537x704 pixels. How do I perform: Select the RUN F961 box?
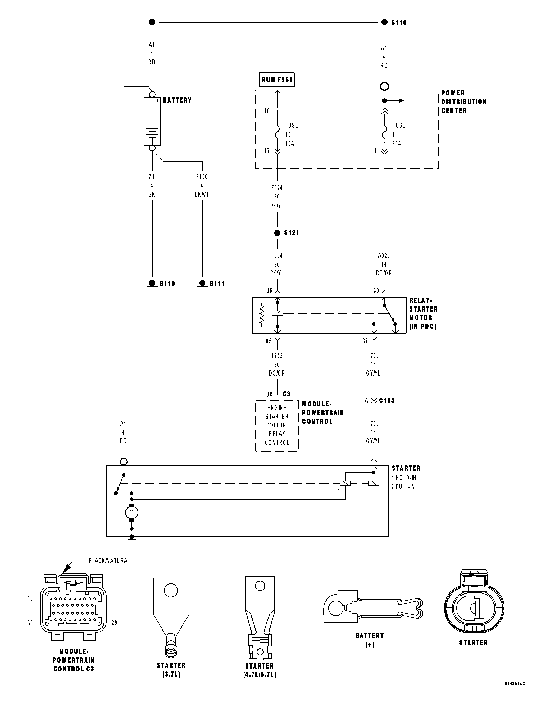pyautogui.click(x=277, y=80)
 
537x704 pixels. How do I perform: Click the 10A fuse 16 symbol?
pyautogui.click(x=277, y=131)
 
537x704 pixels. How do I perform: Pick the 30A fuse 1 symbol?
pyautogui.click(x=385, y=131)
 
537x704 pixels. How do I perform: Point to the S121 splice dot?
pyautogui.click(x=277, y=233)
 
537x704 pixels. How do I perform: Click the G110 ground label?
pyautogui.click(x=167, y=284)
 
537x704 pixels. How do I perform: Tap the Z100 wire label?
pyautogui.click(x=202, y=177)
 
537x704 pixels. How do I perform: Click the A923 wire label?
pyautogui.click(x=384, y=256)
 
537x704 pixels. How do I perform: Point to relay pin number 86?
pyautogui.click(x=269, y=291)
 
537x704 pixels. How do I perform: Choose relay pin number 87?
pyautogui.click(x=365, y=341)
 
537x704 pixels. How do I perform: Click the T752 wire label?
pyautogui.click(x=277, y=355)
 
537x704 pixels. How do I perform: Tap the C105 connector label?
pyautogui.click(x=387, y=401)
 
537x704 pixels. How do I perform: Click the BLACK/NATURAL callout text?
pyautogui.click(x=109, y=561)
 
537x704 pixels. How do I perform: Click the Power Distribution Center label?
pyautogui.click(x=464, y=102)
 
